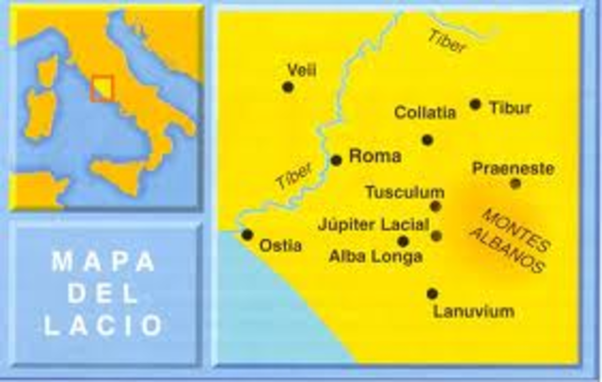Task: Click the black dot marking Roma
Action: [336, 160]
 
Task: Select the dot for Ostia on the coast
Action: [247, 234]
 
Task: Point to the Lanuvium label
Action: [474, 310]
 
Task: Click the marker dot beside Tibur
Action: [475, 104]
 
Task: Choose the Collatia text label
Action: [425, 113]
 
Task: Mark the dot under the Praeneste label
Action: [515, 183]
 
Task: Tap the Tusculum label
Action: [404, 192]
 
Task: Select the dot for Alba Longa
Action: [404, 241]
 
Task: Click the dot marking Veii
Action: [288, 87]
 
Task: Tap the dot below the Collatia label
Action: [427, 139]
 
